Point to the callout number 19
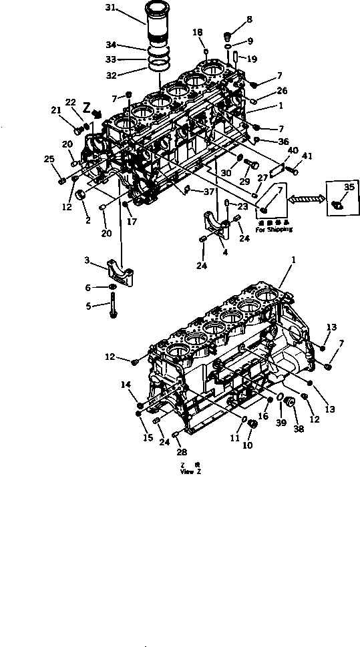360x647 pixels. pyautogui.click(x=251, y=59)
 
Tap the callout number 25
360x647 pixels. pyautogui.click(x=48, y=158)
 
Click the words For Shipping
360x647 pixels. pyautogui.click(x=274, y=229)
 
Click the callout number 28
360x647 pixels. pyautogui.click(x=181, y=452)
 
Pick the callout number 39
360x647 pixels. pyautogui.click(x=281, y=423)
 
